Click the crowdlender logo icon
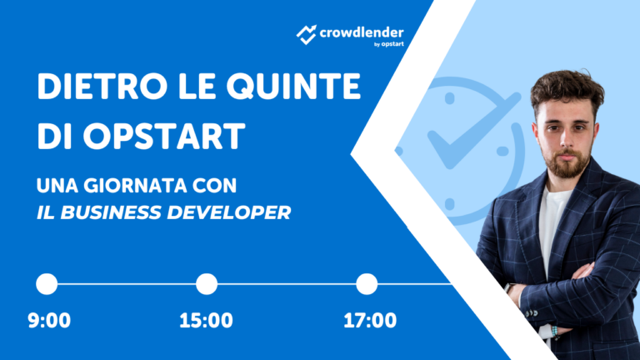[x=307, y=33]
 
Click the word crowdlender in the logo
[x=360, y=32]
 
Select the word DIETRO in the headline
[x=93, y=87]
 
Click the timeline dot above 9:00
[x=47, y=284]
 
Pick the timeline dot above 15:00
[x=206, y=284]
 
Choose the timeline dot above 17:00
[x=367, y=284]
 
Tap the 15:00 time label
[x=206, y=321]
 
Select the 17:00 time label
[x=370, y=321]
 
